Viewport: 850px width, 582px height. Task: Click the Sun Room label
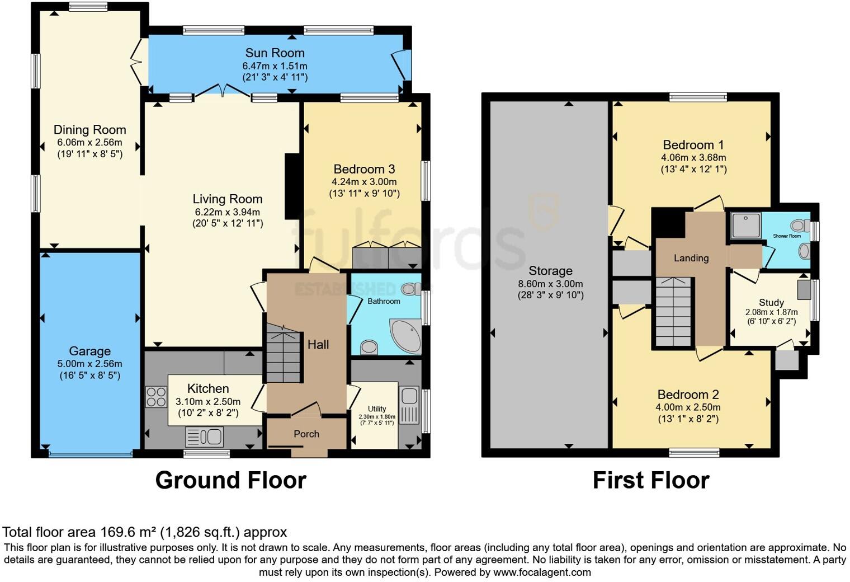[275, 53]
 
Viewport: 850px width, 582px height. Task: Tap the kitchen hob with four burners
[156, 397]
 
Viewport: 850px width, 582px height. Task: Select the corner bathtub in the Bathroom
[407, 336]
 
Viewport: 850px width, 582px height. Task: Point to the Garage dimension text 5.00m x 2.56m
[89, 364]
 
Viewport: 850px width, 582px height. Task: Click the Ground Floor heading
[230, 480]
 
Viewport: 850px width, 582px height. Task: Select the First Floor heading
[651, 480]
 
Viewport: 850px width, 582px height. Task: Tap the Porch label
[306, 434]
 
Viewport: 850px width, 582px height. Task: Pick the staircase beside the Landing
[673, 312]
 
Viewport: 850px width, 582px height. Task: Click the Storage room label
[550, 271]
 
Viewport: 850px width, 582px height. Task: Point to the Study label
[771, 302]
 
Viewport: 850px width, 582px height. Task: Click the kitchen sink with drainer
[205, 436]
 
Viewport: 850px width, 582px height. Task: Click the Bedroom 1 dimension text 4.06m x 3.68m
[693, 157]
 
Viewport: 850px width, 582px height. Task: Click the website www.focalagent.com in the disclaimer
[542, 572]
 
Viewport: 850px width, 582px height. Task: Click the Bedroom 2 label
[688, 395]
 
